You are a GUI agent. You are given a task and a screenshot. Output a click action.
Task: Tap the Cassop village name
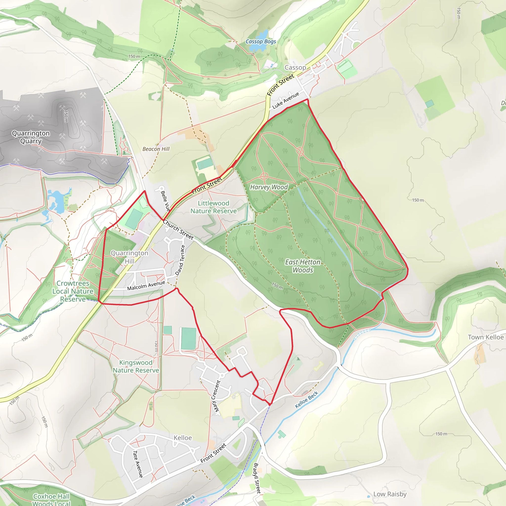point(295,67)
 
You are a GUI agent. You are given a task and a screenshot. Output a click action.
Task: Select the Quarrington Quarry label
point(31,137)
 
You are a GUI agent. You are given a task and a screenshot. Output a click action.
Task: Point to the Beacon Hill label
point(156,149)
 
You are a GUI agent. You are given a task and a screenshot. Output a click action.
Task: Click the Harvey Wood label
point(269,187)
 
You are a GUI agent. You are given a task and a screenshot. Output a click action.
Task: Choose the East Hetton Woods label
point(303,266)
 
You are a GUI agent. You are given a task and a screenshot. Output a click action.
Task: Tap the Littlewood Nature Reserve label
point(213,207)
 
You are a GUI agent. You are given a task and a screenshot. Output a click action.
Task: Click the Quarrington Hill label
point(129,257)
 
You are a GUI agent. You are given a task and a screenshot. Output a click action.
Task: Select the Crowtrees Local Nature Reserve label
point(73,291)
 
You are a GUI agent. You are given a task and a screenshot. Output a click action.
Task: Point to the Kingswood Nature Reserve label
point(136,366)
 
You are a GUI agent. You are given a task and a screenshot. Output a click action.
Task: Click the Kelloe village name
point(183,438)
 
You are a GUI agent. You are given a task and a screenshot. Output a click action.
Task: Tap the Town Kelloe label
point(485,337)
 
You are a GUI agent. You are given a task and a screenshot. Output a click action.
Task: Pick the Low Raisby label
point(390,494)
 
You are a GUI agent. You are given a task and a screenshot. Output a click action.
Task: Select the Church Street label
point(178,230)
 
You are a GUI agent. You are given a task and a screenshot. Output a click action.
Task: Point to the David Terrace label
point(180,260)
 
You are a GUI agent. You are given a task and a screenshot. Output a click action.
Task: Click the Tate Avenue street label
point(138,464)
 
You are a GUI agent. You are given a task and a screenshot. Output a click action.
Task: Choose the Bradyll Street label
point(257,478)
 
